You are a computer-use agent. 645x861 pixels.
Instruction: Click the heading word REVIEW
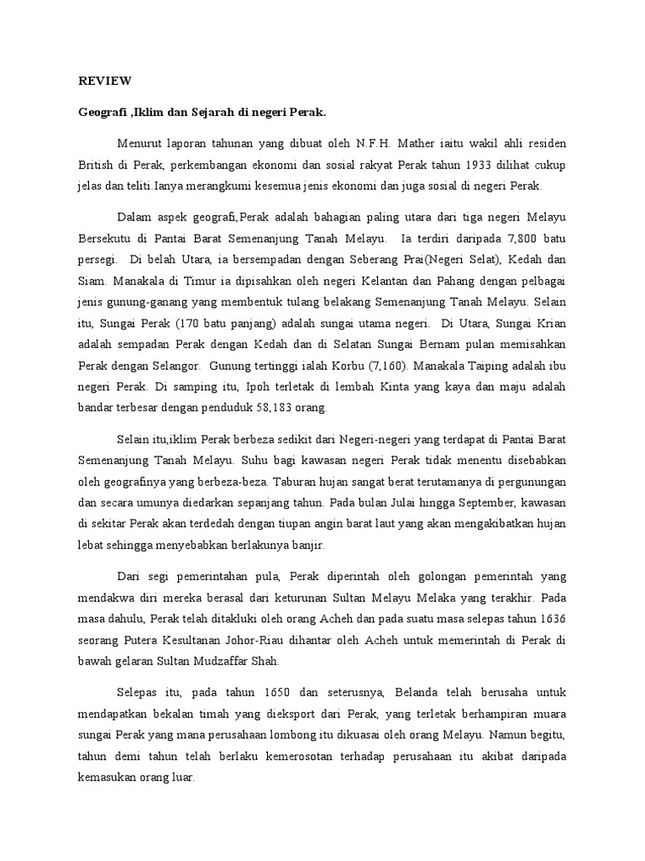pos(105,81)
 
